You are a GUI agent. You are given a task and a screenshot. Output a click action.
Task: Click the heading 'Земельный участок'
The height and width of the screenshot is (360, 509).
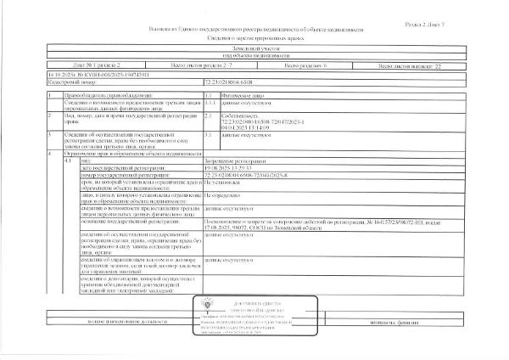pyautogui.click(x=255, y=50)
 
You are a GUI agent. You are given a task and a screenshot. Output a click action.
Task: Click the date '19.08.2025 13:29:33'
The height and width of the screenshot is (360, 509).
pyautogui.click(x=233, y=166)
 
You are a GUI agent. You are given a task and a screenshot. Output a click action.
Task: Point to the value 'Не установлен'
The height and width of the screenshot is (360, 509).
pyautogui.click(x=225, y=182)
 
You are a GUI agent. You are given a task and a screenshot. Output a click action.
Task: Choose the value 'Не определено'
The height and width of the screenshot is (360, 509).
pyautogui.click(x=225, y=195)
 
